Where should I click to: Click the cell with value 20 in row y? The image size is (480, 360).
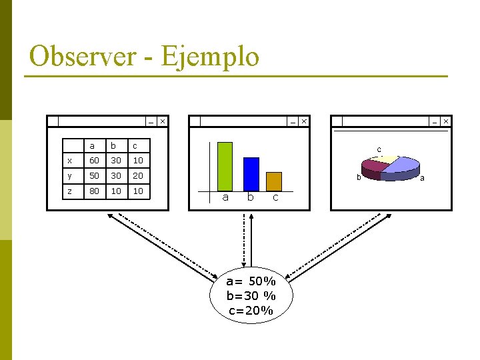pos(137,176)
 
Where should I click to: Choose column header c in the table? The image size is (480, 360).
pos(135,146)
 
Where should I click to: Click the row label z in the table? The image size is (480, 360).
pos(70,191)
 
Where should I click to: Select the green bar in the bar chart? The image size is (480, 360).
pos(225,166)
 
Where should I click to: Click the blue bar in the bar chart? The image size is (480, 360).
pos(251,174)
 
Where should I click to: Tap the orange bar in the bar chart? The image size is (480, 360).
pos(274,181)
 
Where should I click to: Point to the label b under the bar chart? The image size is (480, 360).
pos(251,197)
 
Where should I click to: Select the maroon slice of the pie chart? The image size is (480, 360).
pos(371,169)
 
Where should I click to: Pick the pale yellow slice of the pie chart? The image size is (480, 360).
pos(385,158)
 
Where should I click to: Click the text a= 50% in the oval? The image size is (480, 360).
pos(251,281)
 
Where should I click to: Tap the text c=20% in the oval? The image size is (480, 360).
pos(251,310)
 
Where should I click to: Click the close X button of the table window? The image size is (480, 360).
pos(162,121)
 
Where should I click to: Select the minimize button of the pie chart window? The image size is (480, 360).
pos(434,121)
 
